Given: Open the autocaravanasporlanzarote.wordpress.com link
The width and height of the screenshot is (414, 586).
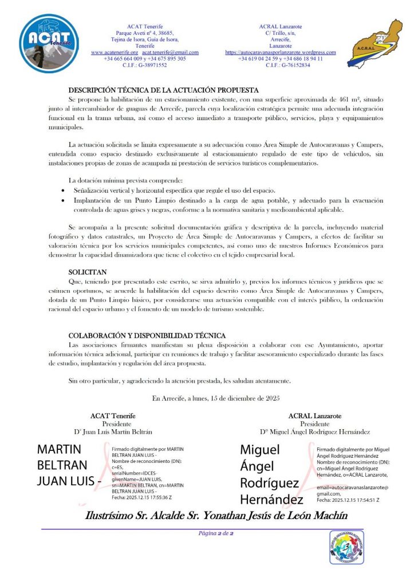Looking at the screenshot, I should [281, 52].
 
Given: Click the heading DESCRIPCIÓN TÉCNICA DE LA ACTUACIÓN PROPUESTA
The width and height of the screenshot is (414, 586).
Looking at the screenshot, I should [164, 90].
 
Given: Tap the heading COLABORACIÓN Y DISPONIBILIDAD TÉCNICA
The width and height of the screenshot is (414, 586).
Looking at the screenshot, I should [147, 335].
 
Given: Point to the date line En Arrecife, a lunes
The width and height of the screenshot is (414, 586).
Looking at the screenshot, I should [215, 398].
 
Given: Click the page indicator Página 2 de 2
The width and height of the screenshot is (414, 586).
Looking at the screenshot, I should [215, 533].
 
